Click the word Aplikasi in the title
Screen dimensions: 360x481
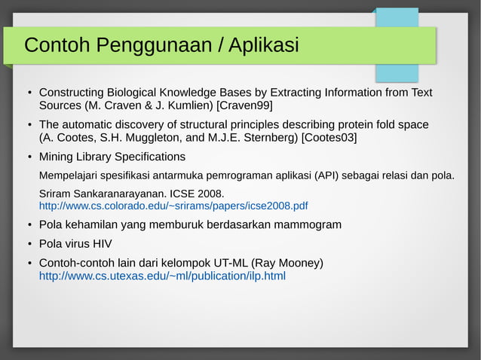click(x=263, y=46)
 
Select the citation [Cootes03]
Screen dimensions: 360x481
click(x=329, y=138)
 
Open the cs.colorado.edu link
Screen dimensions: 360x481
click(x=173, y=206)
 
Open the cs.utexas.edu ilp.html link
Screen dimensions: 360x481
click(x=162, y=276)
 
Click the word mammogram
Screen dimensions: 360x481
click(x=300, y=224)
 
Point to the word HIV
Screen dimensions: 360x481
click(x=101, y=244)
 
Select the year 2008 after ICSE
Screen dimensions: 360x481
click(x=210, y=193)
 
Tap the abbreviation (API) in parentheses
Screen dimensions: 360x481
click(x=328, y=176)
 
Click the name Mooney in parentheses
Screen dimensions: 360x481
click(x=299, y=263)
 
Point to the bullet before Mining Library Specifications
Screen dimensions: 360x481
click(x=29, y=157)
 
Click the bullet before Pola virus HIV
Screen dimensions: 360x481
click(x=29, y=244)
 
